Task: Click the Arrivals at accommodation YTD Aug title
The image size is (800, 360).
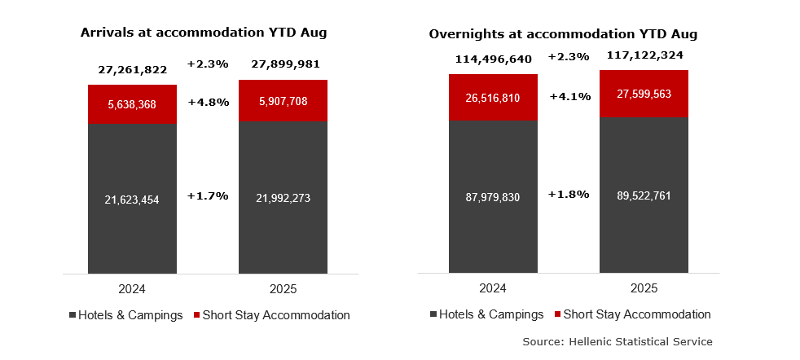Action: point(203,33)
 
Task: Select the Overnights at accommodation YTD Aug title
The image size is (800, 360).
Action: point(563,34)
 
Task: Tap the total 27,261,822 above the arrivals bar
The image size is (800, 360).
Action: point(132,69)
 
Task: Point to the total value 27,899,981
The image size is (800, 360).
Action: point(284,64)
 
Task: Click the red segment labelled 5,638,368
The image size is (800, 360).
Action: point(132,103)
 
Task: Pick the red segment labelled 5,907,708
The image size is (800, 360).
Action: point(283,101)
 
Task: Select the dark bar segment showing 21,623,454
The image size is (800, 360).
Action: point(132,198)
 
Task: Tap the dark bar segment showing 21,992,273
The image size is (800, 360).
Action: point(283,198)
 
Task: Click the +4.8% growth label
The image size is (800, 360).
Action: point(208,103)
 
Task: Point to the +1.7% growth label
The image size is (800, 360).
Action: point(208,195)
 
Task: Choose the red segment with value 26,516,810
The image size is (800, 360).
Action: point(493,97)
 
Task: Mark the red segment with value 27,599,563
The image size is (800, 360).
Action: point(644,94)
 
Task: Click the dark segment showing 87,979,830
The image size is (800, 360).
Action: point(493,196)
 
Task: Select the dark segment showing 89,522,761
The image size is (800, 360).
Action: point(644,196)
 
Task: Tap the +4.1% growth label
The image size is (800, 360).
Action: point(569,96)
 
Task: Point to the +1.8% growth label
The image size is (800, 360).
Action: point(569,194)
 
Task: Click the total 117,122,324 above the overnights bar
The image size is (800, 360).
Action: point(644,55)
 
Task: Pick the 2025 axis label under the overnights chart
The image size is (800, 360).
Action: point(644,288)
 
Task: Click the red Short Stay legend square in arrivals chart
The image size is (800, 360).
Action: point(196,315)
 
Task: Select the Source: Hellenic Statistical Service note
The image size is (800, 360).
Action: point(617,341)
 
